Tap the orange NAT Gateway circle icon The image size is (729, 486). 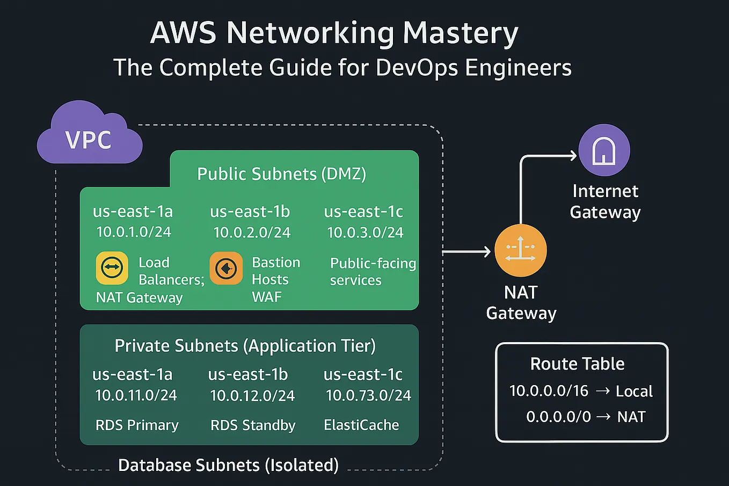coord(520,251)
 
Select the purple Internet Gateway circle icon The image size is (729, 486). coord(604,150)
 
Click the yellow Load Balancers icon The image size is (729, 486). coord(112,267)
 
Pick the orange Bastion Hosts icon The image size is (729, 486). coord(226,267)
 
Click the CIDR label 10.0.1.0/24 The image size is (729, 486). coord(134,232)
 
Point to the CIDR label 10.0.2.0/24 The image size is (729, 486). coord(252,233)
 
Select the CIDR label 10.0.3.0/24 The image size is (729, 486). coord(365,233)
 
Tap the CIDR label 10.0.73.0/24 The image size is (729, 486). coord(368,396)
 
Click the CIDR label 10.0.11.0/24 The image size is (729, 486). coord(136,396)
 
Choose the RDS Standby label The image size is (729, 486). coord(253,425)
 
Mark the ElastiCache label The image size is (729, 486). coord(361,425)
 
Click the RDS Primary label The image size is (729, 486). coord(137,425)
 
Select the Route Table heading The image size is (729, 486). coord(577,364)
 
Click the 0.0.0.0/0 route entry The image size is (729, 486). coord(558,417)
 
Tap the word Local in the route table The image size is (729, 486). coord(634,391)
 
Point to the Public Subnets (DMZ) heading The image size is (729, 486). coord(281,174)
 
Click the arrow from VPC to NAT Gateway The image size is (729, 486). coord(466,251)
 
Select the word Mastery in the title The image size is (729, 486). coord(460,33)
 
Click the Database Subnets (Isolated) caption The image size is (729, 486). coord(228,465)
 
